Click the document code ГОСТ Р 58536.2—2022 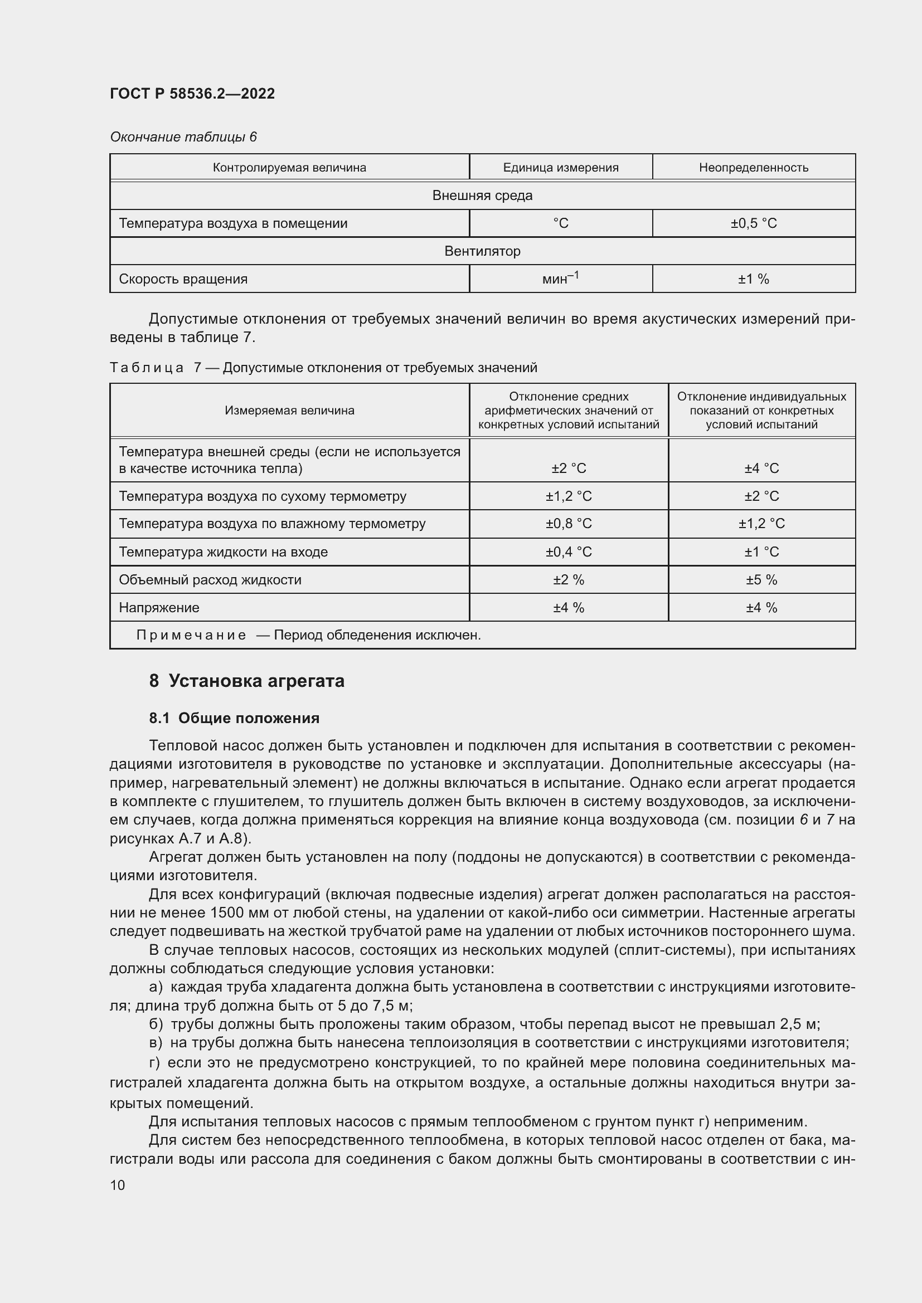pos(192,94)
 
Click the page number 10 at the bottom pos(118,1185)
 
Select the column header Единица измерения pos(560,168)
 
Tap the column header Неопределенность pos(754,168)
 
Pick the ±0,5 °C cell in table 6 pos(754,223)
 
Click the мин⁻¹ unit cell pos(560,278)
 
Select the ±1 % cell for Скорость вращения pos(754,279)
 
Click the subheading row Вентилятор pos(482,251)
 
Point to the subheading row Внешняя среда pos(482,195)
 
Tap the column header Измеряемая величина pos(289,411)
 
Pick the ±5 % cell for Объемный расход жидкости pos(761,579)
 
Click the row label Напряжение pos(159,607)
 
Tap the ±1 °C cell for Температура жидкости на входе pos(761,552)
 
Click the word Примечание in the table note pos(191,635)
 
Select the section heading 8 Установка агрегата pos(246,680)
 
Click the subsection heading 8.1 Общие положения pos(234,718)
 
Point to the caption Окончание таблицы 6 pos(183,137)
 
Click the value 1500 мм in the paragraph pos(236,912)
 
